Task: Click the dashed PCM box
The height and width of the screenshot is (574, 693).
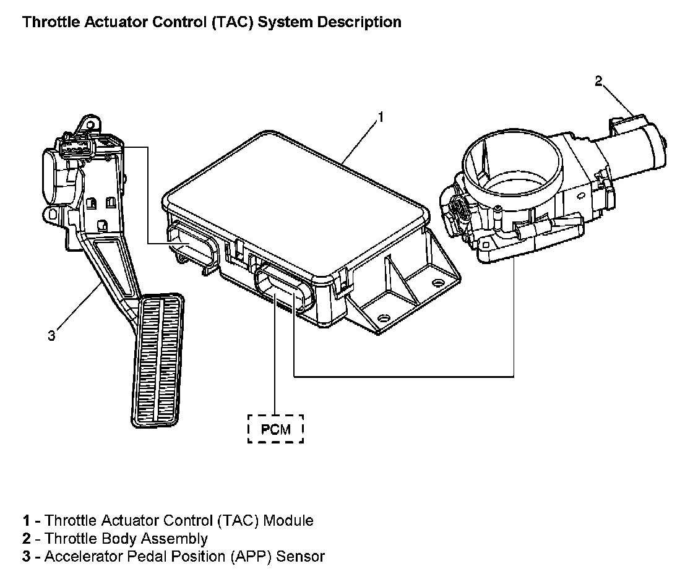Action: tap(275, 429)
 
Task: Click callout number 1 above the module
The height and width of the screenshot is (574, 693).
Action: tap(382, 116)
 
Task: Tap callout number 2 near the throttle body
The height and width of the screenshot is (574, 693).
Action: tap(598, 81)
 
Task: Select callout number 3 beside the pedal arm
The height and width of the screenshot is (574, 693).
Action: tap(52, 336)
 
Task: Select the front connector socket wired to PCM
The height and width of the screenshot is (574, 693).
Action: tap(282, 288)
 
